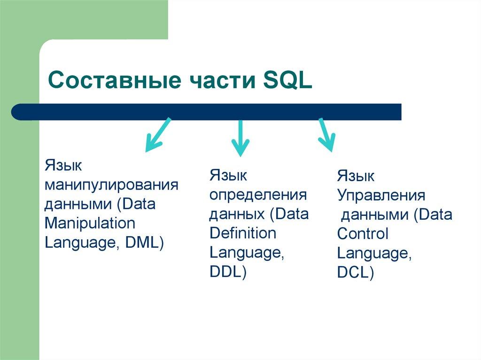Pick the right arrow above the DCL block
(326, 135)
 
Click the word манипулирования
(111, 184)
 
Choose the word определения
(258, 194)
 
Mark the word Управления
(381, 196)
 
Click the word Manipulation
(90, 223)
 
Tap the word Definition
(243, 233)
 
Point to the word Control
(363, 234)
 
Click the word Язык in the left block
(63, 165)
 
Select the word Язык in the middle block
(228, 175)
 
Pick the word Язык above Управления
(356, 176)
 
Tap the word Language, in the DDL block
(247, 253)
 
